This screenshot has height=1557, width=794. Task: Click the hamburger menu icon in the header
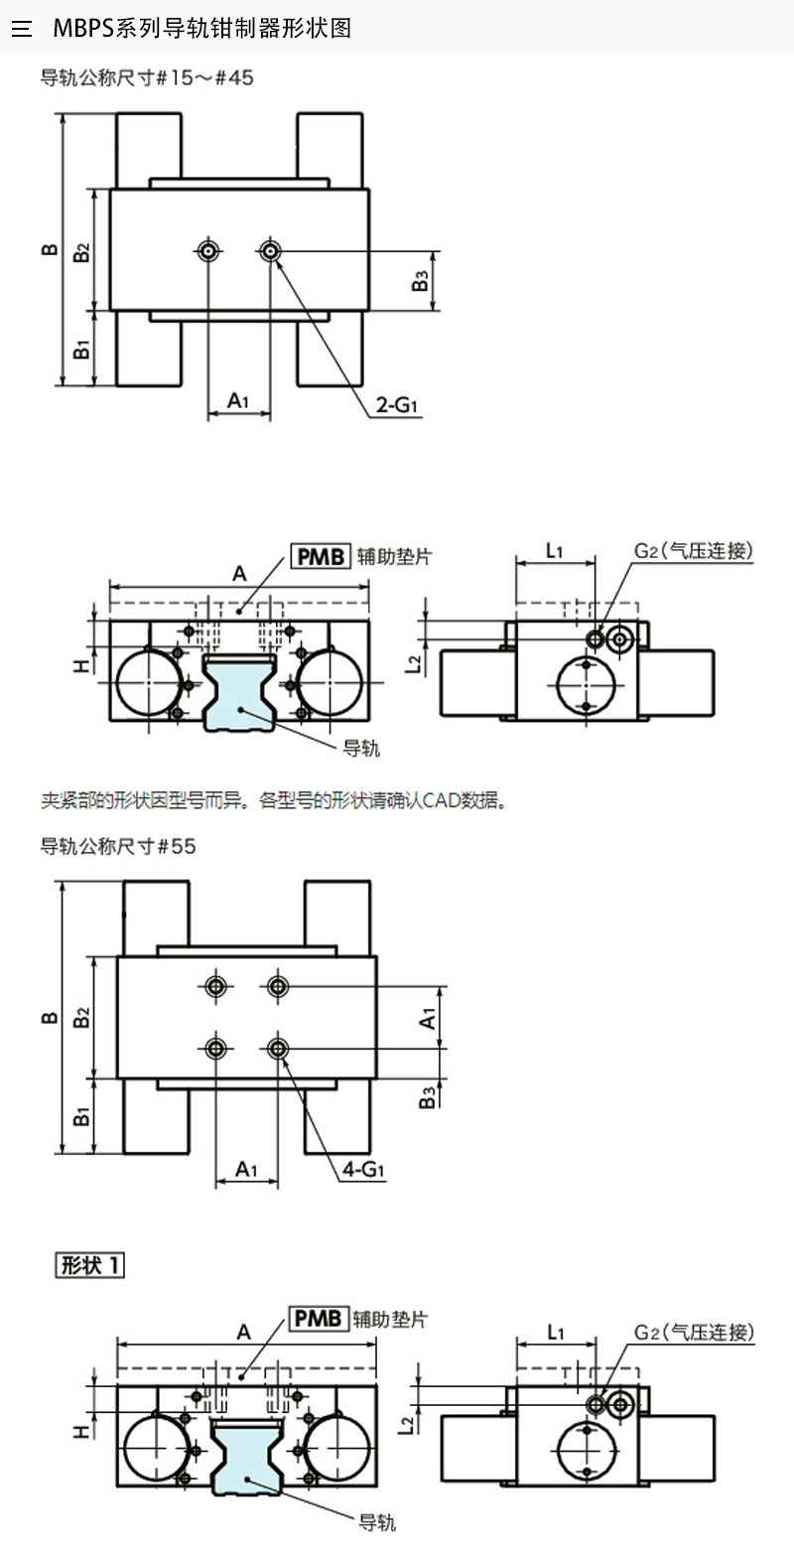tap(22, 29)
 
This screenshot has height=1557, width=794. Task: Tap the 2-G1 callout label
tap(397, 404)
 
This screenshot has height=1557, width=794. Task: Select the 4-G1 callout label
tap(363, 1169)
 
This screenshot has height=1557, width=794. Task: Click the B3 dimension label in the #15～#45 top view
tap(420, 281)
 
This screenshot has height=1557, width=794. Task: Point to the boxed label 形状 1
tap(89, 1265)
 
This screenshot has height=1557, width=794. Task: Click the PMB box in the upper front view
tap(321, 557)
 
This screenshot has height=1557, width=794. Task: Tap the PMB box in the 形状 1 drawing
tap(318, 1318)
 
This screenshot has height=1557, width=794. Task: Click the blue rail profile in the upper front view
tap(238, 691)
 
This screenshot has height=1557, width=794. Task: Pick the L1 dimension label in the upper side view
tap(555, 551)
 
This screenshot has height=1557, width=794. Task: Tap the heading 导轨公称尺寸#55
tap(118, 846)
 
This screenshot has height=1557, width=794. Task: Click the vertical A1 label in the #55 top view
tap(427, 1019)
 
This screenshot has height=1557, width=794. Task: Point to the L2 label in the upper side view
tap(413, 663)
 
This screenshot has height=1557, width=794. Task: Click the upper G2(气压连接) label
tap(694, 551)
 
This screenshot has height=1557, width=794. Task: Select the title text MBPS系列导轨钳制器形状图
tap(202, 29)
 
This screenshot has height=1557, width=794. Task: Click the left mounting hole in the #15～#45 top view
tap(208, 250)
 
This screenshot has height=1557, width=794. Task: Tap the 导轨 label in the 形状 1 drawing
tap(377, 1522)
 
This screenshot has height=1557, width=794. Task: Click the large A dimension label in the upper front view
tap(239, 574)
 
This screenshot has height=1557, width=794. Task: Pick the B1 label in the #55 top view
tap(81, 1117)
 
